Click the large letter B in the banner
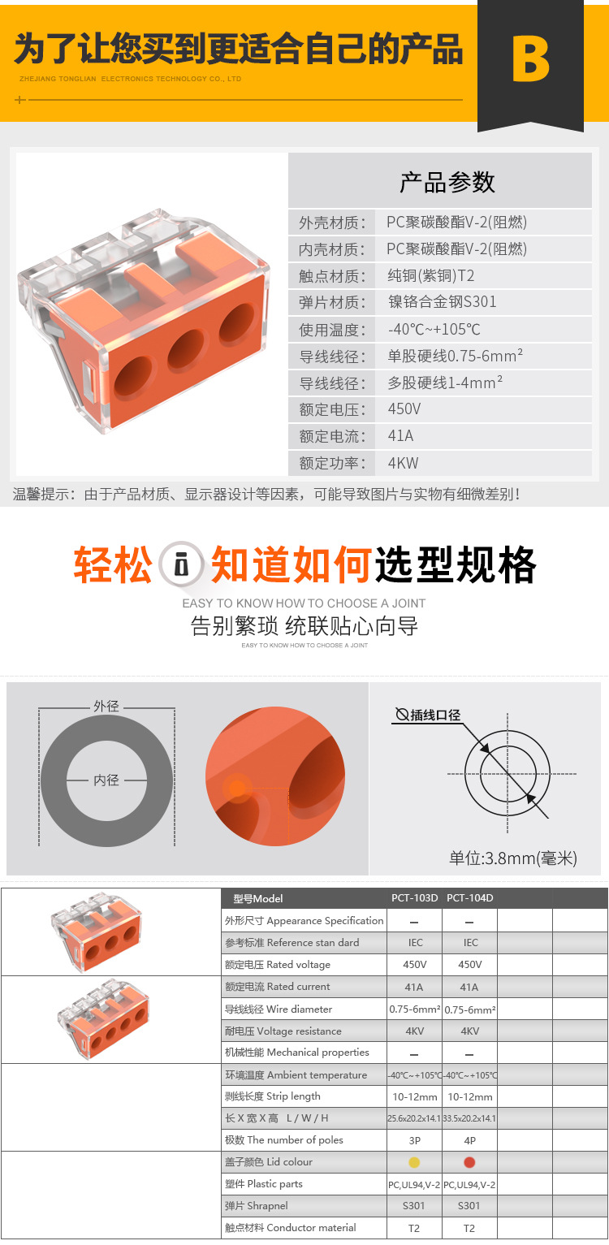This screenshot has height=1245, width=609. click(530, 59)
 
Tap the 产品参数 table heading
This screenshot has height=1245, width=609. click(447, 182)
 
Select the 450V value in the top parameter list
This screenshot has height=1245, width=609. click(404, 409)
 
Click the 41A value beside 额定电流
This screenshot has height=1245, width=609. click(400, 436)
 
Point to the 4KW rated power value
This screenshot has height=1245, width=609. click(403, 463)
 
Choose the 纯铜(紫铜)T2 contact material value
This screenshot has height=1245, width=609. click(430, 275)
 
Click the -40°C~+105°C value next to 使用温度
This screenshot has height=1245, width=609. click(434, 329)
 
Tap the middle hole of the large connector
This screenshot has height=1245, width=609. click(188, 349)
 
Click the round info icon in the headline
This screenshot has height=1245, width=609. click(181, 564)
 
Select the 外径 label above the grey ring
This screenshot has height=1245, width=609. click(106, 706)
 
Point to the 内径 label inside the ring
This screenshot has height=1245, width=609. click(106, 780)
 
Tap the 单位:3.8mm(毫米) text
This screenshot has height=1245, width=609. click(513, 858)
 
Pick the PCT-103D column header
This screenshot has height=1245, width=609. click(414, 898)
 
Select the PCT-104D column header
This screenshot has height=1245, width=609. click(470, 898)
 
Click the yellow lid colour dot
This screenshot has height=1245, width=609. click(414, 1162)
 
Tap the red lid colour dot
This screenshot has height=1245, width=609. click(469, 1162)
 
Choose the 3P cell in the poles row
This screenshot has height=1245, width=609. click(414, 1140)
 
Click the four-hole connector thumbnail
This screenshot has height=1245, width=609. click(103, 1021)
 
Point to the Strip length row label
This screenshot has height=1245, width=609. click(272, 1096)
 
